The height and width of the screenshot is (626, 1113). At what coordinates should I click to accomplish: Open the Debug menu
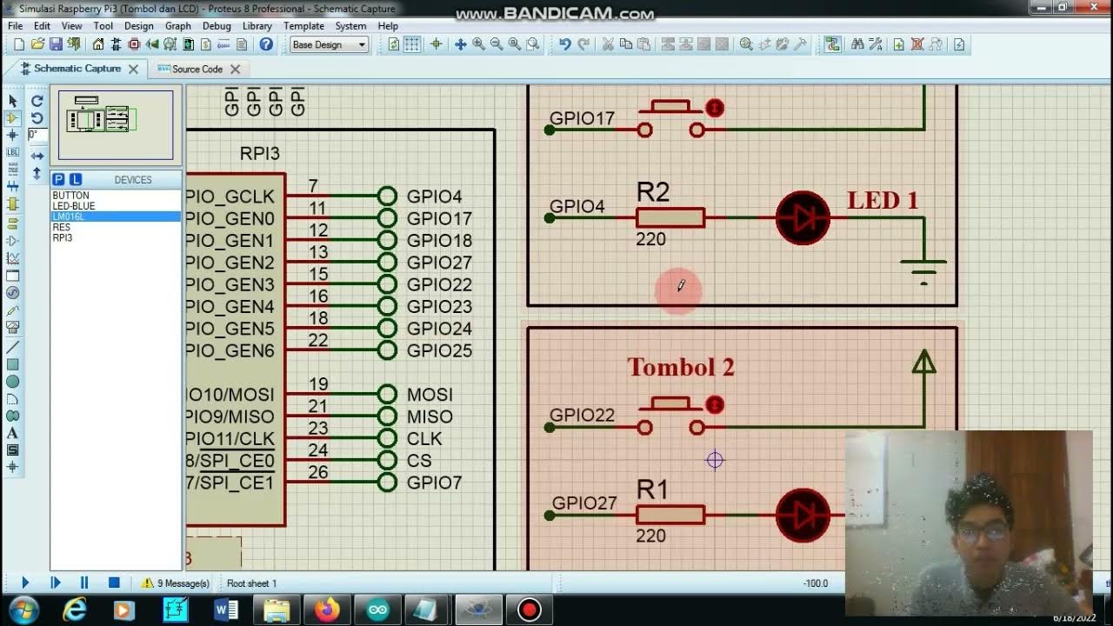point(217,26)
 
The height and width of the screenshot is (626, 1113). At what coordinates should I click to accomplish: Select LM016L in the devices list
point(69,216)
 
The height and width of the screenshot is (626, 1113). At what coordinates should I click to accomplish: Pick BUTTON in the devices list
point(70,196)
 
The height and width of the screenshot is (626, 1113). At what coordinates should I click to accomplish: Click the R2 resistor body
point(670,217)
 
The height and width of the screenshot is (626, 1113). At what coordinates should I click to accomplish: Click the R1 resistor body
point(670,515)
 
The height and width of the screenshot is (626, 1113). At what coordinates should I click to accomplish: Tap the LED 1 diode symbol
point(802,217)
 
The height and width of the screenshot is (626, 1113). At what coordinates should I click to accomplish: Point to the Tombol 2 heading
point(681,368)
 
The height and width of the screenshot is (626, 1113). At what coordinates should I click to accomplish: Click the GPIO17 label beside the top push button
point(582,118)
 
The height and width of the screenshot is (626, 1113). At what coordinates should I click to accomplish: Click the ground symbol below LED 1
point(923,268)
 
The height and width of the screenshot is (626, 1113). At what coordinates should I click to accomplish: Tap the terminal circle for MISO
point(387,416)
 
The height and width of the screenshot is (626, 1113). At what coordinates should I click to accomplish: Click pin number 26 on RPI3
point(317,472)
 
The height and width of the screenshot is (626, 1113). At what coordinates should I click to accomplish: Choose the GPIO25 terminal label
point(439,350)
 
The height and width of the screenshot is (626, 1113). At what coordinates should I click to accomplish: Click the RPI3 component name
point(259,154)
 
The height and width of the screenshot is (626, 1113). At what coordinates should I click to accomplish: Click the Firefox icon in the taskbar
point(328,609)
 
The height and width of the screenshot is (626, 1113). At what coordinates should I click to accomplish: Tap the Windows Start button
point(23,609)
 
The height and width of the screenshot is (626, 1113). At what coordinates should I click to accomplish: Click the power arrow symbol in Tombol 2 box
point(923,363)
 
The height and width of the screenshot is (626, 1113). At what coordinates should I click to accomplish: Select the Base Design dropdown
point(329,44)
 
